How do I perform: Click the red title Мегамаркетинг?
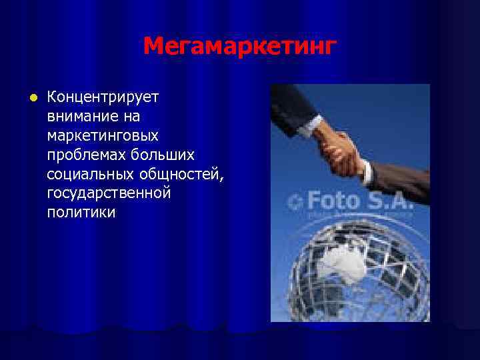pos(240,47)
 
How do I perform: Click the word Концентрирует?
pos(103,97)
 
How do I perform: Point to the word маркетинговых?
pos(103,136)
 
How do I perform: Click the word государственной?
pos(109,194)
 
